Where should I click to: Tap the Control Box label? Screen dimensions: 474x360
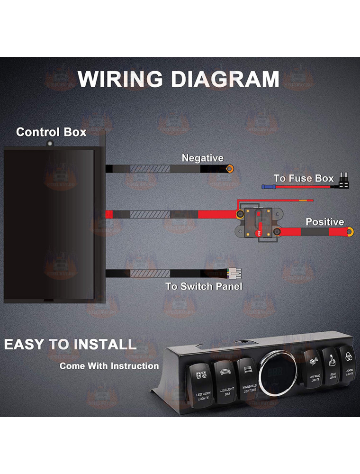[x=51, y=132]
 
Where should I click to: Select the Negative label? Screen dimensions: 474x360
[x=202, y=158]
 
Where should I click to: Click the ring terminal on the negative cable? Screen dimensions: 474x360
[x=230, y=168]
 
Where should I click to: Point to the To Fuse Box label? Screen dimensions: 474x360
[x=304, y=179]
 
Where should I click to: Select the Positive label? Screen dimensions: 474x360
[x=324, y=221]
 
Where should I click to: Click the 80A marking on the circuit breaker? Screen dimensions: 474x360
[x=259, y=233]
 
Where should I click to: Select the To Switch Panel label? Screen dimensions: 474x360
[x=204, y=286]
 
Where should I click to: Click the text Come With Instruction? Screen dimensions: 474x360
[x=109, y=366]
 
